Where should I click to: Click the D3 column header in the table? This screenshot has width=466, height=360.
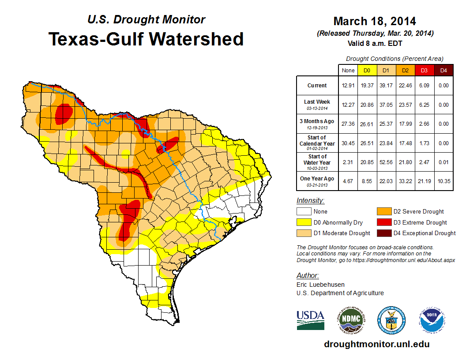coord(424,70)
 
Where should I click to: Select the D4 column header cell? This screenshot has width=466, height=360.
coord(443,70)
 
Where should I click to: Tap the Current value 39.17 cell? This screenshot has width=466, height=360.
coord(386,86)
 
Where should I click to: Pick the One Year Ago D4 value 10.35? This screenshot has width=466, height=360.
coord(443,181)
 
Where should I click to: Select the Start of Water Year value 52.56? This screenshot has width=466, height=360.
coord(386,162)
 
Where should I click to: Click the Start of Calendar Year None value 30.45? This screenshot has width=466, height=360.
coord(348,143)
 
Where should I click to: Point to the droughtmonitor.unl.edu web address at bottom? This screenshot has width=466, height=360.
coord(376,344)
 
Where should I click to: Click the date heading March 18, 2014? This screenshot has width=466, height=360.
coord(375,21)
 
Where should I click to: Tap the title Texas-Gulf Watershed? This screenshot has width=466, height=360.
coord(146,39)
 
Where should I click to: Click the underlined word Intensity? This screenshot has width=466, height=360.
coord(310,201)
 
